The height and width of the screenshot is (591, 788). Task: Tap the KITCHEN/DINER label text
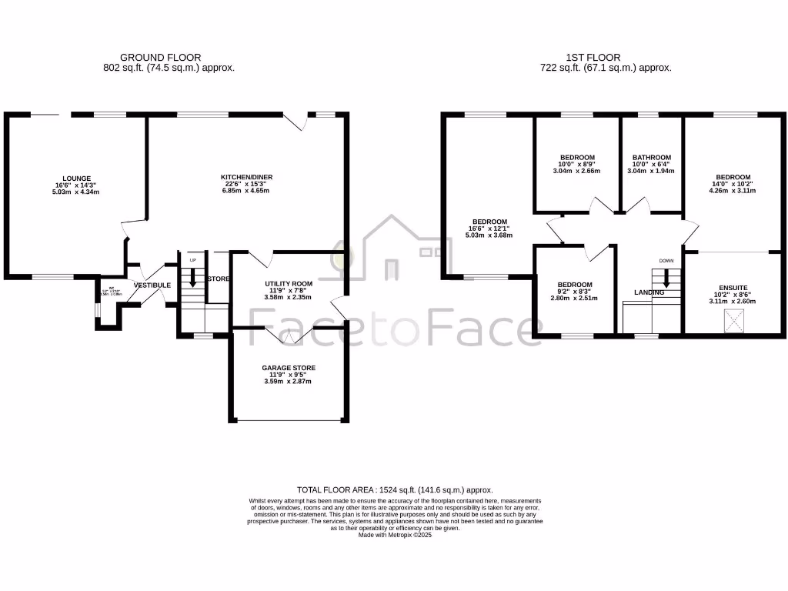(247, 176)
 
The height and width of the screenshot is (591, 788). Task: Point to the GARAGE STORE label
(289, 368)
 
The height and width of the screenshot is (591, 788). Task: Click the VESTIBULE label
(152, 285)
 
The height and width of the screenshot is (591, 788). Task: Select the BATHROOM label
(651, 157)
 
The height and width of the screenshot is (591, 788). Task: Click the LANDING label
(649, 292)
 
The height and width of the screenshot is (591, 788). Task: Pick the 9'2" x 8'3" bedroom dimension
(575, 292)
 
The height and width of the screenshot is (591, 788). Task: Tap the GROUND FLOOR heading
(161, 57)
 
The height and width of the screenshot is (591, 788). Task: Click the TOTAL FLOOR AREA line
(395, 489)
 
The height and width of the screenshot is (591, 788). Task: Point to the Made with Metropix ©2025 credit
(395, 535)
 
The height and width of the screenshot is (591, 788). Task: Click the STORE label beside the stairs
(219, 279)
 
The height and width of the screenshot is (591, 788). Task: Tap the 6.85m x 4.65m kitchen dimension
(247, 190)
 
